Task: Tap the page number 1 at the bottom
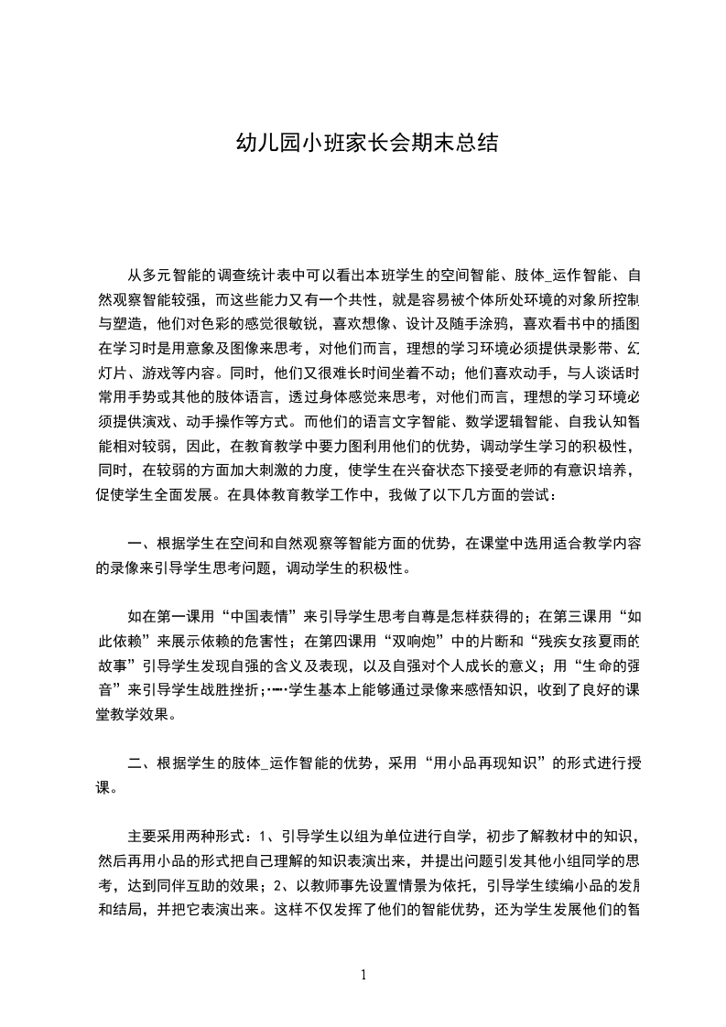pyautogui.click(x=363, y=975)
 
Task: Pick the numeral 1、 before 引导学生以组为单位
pyautogui.click(x=266, y=836)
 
